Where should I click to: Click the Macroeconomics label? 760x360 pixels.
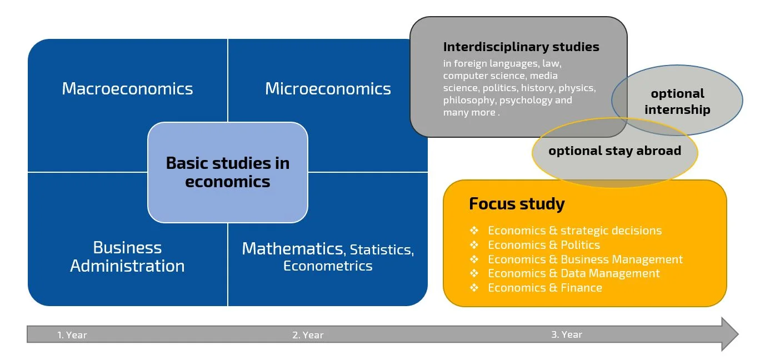coord(127,89)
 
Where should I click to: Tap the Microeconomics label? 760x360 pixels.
coord(328,89)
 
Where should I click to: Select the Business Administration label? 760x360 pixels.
coord(128,257)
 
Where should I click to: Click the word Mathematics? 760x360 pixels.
coord(292,249)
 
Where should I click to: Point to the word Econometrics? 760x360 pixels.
coord(328,266)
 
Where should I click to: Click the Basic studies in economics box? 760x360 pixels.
coord(228,172)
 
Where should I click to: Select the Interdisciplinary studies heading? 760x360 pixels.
coord(521,47)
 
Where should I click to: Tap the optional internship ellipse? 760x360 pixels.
coord(677,101)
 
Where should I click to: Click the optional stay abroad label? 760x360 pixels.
coord(615,151)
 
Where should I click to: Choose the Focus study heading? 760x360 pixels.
coord(517,204)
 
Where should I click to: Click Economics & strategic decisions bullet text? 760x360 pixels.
coord(575,231)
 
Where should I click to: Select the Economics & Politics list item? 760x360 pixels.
coord(544,245)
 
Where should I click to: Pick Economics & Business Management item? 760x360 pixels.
coord(585,259)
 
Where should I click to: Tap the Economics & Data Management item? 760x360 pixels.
coord(574,273)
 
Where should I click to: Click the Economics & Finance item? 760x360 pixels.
coord(545,288)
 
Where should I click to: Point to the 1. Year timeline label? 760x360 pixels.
coord(72,335)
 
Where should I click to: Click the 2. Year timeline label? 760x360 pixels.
coord(308,335)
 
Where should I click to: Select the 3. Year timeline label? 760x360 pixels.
coord(567,334)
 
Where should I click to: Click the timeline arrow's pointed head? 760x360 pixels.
coord(738,334)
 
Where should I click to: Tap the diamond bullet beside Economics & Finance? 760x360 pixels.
coord(474,288)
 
